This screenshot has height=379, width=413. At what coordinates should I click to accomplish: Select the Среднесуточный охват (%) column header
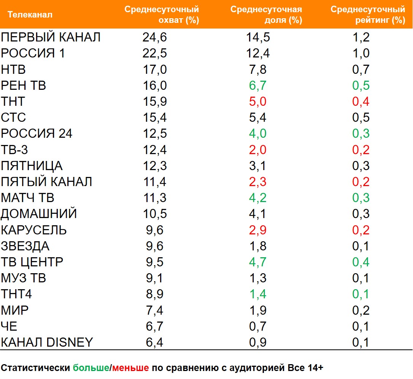[x=162, y=15]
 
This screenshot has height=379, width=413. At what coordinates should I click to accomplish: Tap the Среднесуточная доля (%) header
[x=266, y=15]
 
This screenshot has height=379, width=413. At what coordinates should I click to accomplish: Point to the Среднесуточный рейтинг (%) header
[x=368, y=15]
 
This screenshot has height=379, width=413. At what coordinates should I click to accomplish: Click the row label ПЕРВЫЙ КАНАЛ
[x=51, y=37]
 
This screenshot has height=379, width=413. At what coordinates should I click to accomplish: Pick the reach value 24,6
[x=155, y=37]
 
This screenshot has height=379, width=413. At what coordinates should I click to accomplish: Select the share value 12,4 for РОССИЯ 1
[x=257, y=53]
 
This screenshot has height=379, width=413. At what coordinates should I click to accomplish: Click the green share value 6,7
[x=257, y=86]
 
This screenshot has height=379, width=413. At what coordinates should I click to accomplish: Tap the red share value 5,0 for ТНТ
[x=257, y=102]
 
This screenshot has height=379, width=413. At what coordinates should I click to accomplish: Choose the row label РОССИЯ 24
[x=37, y=134]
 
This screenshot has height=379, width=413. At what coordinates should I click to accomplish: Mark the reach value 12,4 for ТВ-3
[x=155, y=150]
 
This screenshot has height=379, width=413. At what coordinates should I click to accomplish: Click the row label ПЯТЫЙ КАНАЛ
[x=46, y=182]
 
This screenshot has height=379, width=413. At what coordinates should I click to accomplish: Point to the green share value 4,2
[x=257, y=198]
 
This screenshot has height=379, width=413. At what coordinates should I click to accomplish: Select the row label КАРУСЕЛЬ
[x=34, y=230]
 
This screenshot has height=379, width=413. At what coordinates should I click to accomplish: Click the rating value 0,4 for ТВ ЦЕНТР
[x=361, y=262]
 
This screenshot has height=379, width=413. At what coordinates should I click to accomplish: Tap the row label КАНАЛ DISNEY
[x=47, y=342]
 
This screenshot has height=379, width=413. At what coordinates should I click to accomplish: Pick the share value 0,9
[x=257, y=342]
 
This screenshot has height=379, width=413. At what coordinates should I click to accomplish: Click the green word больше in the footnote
[x=91, y=368]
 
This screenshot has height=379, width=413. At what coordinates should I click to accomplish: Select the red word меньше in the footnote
[x=130, y=368]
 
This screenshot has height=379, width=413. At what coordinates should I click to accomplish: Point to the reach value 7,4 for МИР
[x=155, y=311]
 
